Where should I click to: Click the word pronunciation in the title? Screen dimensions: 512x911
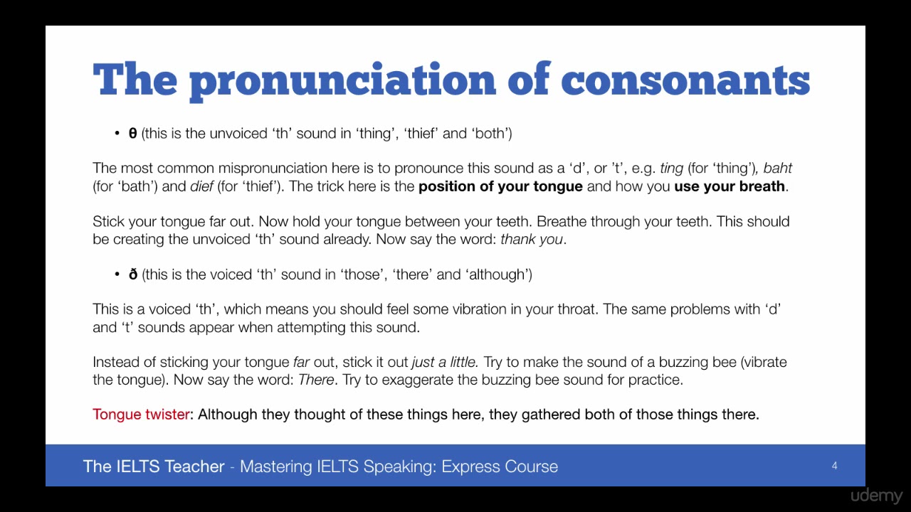pyautogui.click(x=342, y=80)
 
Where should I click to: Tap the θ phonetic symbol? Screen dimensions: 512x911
pyautogui.click(x=132, y=133)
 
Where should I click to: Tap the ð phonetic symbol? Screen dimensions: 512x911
pyautogui.click(x=132, y=274)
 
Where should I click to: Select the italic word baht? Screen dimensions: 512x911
pyautogui.click(x=778, y=169)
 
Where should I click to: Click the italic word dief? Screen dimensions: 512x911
pyautogui.click(x=202, y=186)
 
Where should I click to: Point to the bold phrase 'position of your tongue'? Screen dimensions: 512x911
pyautogui.click(x=500, y=186)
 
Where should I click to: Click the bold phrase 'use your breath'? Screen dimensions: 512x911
pyautogui.click(x=730, y=186)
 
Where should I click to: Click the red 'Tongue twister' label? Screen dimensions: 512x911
pyautogui.click(x=141, y=415)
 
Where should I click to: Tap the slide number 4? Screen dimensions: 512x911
pyautogui.click(x=834, y=466)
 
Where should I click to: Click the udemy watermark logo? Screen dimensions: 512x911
pyautogui.click(x=876, y=496)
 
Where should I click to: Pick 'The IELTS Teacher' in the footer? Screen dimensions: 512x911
pyautogui.click(x=154, y=466)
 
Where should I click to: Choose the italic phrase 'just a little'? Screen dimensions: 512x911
pyautogui.click(x=445, y=362)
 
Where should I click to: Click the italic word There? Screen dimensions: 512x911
pyautogui.click(x=316, y=380)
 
